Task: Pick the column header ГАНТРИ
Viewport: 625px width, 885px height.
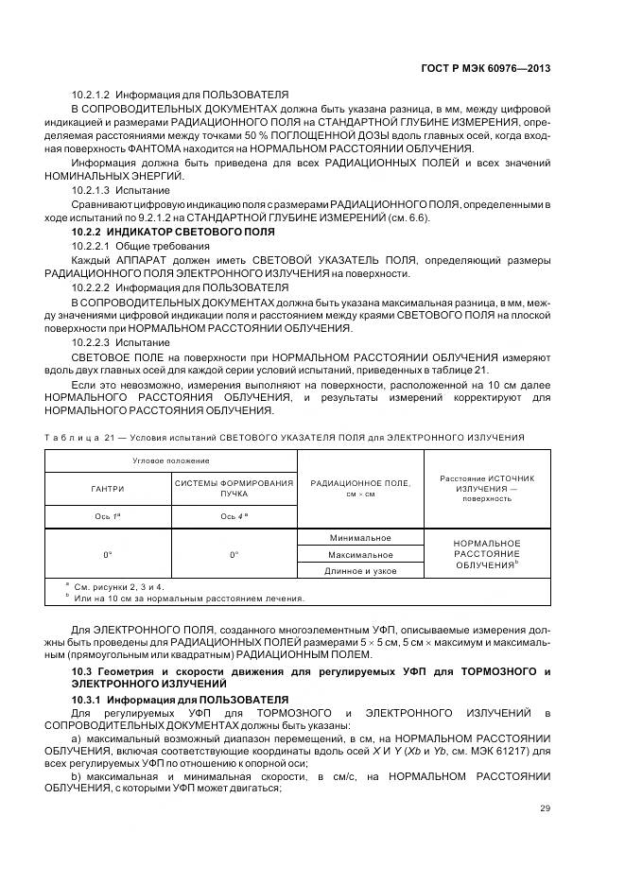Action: pyautogui.click(x=107, y=489)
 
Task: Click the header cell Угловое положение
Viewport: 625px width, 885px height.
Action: pyautogui.click(x=171, y=460)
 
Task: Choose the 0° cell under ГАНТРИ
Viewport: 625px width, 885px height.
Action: pyautogui.click(x=107, y=554)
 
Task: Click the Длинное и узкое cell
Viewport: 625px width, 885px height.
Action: pyautogui.click(x=360, y=570)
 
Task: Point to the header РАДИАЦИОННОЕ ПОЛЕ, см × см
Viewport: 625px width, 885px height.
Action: pyautogui.click(x=360, y=488)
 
